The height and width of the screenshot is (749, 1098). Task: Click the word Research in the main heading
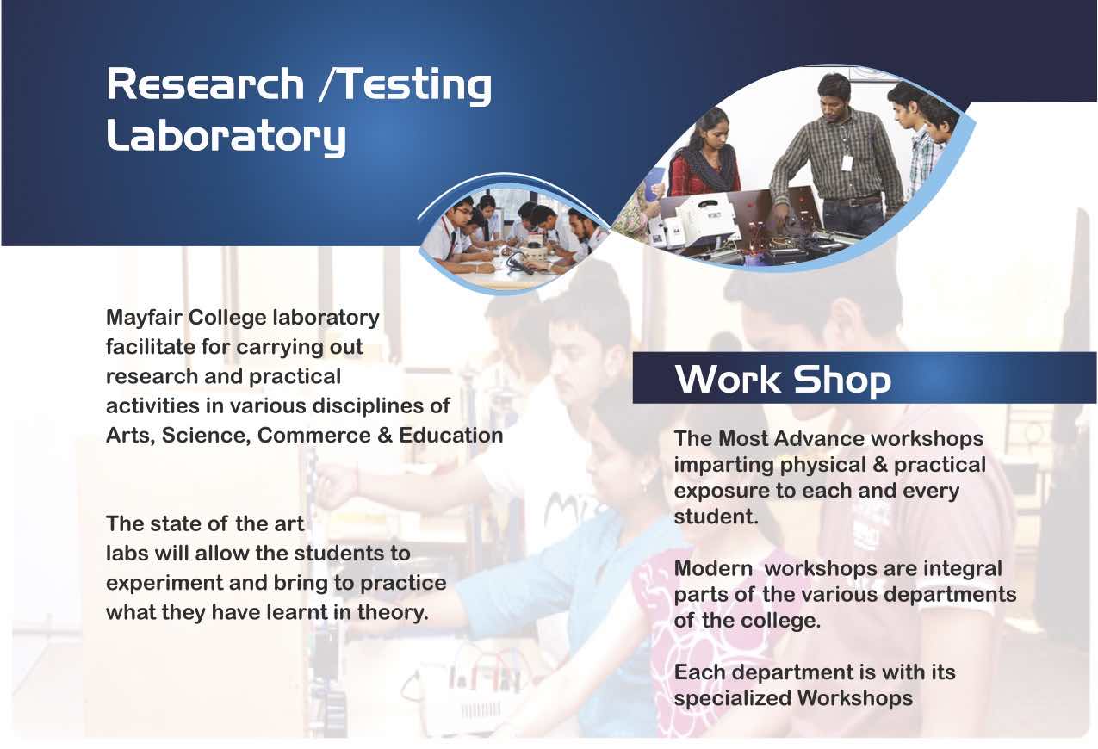[x=205, y=84]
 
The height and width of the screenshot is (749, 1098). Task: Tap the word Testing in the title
[x=415, y=86]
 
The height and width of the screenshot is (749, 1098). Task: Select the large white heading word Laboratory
[x=226, y=136]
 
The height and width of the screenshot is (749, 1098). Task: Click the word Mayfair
[x=144, y=319]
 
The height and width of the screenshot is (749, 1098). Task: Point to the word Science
[x=207, y=436]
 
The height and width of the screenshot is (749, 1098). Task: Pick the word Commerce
[x=313, y=436]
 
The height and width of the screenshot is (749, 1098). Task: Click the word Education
[x=451, y=436]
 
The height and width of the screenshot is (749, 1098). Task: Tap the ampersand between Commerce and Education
[x=385, y=436]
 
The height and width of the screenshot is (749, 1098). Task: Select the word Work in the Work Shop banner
[x=728, y=380]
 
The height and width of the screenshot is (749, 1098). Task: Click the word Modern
[x=713, y=569]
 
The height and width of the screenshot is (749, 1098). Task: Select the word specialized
[x=733, y=698]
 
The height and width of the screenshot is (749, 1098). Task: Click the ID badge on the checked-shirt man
[x=847, y=162]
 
